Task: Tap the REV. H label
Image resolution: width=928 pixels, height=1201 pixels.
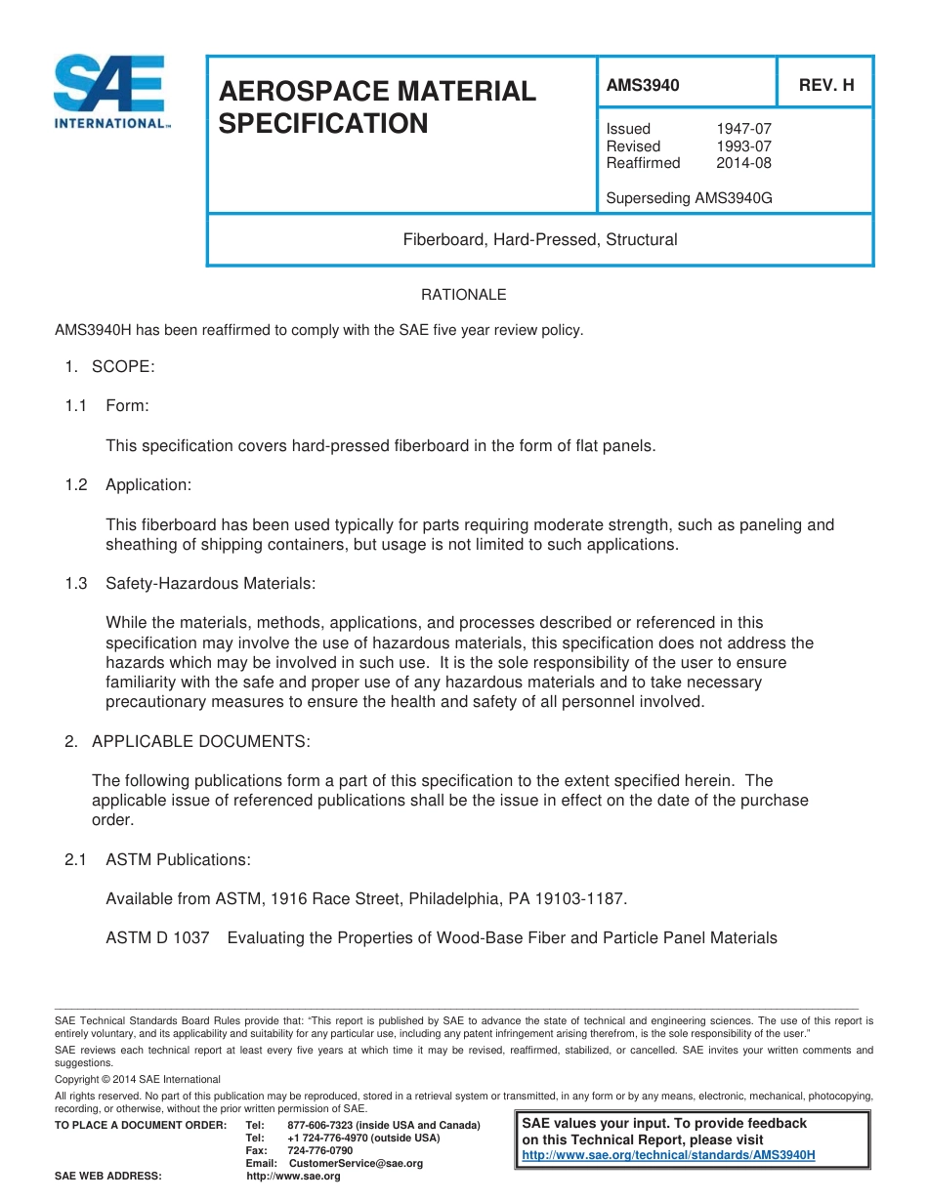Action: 825,85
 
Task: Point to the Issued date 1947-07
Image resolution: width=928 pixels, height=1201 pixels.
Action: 743,129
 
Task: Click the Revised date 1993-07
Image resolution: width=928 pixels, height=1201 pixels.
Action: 743,146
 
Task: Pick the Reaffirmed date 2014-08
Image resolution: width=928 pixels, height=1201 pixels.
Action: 743,163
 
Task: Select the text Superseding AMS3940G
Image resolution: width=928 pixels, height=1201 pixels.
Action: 689,198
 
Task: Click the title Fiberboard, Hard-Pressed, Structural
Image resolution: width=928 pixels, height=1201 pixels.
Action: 540,239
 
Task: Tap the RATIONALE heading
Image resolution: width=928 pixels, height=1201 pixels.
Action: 463,295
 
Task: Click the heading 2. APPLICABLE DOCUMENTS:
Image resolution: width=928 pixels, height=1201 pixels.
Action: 187,741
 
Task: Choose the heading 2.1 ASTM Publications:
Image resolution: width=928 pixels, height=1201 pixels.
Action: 157,860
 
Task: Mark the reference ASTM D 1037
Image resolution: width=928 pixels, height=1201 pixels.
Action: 157,938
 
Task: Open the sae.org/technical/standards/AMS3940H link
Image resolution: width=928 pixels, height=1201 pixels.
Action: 668,1155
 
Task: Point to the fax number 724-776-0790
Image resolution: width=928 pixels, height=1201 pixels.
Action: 320,1151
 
